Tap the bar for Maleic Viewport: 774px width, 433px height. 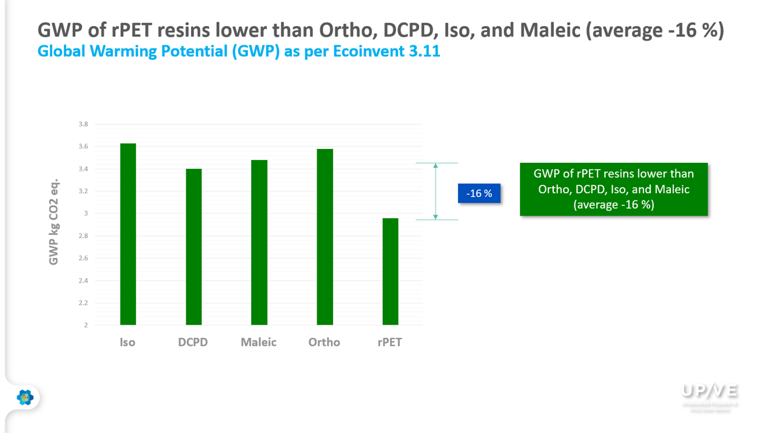pyautogui.click(x=259, y=242)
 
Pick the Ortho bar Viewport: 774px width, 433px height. pyautogui.click(x=325, y=237)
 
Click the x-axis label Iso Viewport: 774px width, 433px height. pyautogui.click(x=127, y=342)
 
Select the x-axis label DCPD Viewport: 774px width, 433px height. pyautogui.click(x=193, y=342)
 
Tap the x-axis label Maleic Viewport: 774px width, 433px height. pyautogui.click(x=258, y=342)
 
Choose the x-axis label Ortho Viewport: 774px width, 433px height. pyautogui.click(x=324, y=342)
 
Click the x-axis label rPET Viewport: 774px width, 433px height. pyautogui.click(x=389, y=342)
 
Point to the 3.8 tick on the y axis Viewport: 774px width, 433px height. pyautogui.click(x=82, y=124)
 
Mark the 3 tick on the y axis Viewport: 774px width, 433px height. pyautogui.click(x=86, y=213)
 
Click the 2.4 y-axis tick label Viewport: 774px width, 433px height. pyautogui.click(x=82, y=280)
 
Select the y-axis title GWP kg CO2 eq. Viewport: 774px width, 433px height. pyautogui.click(x=53, y=222)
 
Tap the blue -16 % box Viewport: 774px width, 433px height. pyautogui.click(x=479, y=194)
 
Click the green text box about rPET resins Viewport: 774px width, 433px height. pyautogui.click(x=614, y=189)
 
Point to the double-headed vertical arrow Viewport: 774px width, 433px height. pyautogui.click(x=436, y=191)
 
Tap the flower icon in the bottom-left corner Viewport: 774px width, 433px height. pyautogui.click(x=25, y=397)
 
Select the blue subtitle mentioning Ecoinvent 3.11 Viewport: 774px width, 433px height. pyautogui.click(x=238, y=51)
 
